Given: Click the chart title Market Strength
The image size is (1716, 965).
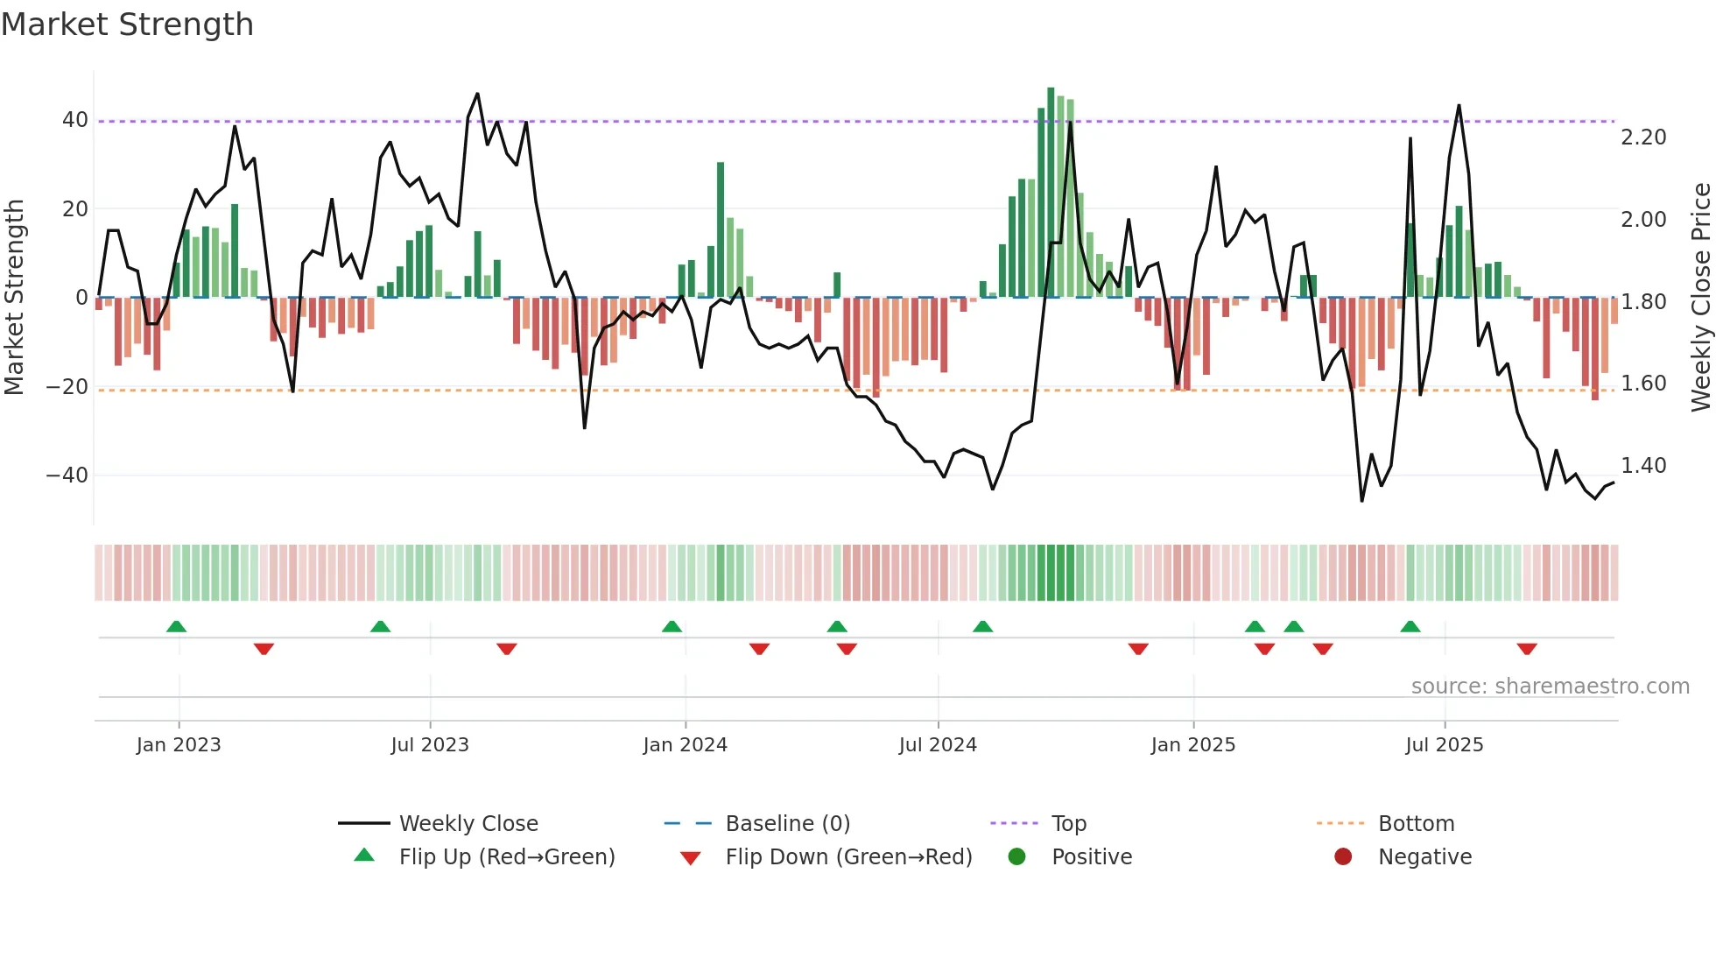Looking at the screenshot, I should click(127, 25).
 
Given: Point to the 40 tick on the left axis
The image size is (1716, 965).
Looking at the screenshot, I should click(75, 120).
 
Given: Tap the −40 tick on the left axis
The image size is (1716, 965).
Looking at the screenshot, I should click(67, 475).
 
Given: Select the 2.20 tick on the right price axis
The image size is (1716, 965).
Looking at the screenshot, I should click(1643, 137).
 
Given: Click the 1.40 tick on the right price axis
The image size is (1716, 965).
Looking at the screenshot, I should click(1643, 466).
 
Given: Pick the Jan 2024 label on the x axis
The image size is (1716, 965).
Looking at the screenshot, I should click(685, 745).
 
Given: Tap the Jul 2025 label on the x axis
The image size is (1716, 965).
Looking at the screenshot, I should click(1445, 745).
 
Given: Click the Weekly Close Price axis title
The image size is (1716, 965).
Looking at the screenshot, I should click(1700, 297).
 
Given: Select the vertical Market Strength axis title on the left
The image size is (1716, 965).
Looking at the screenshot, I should click(14, 297).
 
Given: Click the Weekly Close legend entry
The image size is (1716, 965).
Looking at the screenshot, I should click(468, 824).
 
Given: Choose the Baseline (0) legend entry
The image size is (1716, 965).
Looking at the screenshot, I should click(787, 824).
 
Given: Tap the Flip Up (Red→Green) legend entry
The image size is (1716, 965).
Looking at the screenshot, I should click(506, 857).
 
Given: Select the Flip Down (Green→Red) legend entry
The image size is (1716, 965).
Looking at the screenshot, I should click(848, 857).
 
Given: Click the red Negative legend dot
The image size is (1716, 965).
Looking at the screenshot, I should click(1343, 857).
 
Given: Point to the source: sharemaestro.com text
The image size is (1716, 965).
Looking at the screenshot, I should click(1550, 687).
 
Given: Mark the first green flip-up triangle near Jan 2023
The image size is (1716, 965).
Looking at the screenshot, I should click(176, 626).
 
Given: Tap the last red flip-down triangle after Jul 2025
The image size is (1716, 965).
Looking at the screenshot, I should click(1527, 649).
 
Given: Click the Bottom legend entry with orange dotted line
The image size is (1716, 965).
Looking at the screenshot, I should click(1416, 824).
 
